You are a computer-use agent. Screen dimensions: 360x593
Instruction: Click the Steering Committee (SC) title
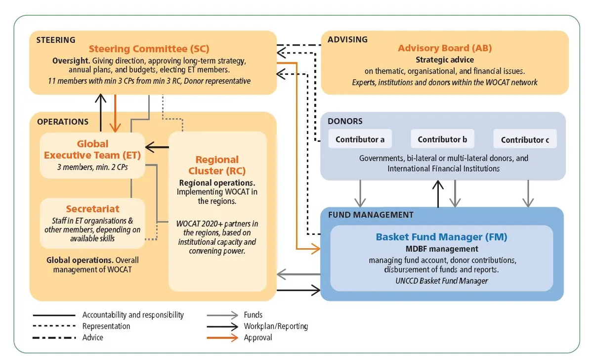(149, 49)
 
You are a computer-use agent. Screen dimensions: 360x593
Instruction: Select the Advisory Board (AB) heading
(445, 48)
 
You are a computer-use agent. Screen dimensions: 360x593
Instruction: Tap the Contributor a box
(360, 139)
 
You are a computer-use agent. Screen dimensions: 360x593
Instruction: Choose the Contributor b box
(442, 139)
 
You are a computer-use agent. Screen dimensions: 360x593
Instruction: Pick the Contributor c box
(525, 140)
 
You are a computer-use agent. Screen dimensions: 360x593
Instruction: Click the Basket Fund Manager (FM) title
(441, 237)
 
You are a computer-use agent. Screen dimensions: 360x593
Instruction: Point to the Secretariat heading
(92, 209)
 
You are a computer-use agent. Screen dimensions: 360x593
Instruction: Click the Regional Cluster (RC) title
(217, 165)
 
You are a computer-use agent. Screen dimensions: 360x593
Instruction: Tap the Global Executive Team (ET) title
(92, 149)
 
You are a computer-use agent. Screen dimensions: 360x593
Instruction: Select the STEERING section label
(56, 40)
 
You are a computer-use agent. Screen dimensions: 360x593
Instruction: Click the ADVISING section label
(348, 40)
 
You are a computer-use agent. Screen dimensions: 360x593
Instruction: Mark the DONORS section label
(345, 121)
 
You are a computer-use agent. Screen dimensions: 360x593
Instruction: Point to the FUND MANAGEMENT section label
(371, 215)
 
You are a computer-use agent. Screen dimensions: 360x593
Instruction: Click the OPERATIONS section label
(63, 122)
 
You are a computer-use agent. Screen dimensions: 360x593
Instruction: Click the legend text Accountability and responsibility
(133, 315)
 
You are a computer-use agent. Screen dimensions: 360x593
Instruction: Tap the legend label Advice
(93, 338)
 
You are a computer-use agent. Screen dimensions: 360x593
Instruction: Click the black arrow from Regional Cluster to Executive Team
(157, 147)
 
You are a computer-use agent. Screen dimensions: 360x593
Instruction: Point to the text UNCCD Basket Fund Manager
(441, 281)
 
